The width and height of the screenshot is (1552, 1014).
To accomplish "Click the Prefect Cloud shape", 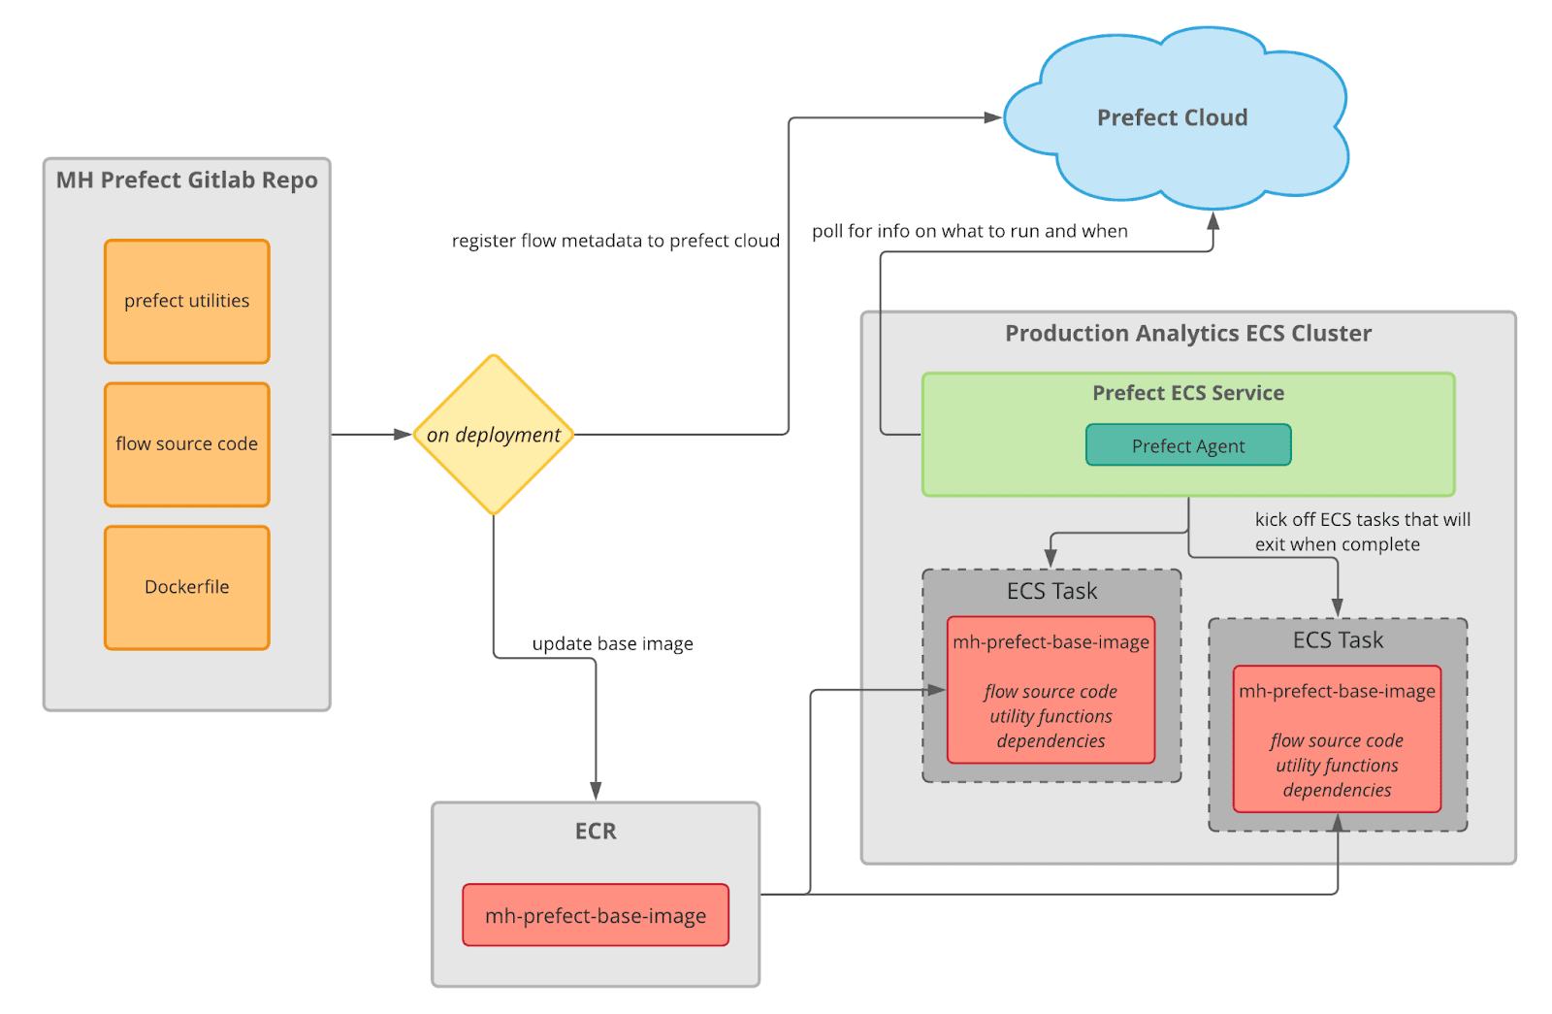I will click(1173, 118).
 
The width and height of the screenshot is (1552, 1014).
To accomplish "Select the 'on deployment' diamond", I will click(494, 435).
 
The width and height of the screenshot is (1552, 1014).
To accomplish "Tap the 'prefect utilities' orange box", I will click(187, 302).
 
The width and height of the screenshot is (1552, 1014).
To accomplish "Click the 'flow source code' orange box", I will click(187, 444).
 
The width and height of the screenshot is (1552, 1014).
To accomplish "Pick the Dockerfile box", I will click(187, 587).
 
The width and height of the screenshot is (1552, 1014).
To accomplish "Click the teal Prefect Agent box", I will click(1188, 445).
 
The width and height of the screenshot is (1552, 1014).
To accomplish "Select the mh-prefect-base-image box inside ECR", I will click(596, 915).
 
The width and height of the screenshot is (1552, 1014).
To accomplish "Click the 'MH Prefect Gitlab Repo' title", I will click(187, 180).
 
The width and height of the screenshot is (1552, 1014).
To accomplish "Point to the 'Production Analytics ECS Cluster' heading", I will click(1188, 334).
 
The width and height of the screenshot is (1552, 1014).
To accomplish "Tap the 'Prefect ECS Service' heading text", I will click(1188, 393).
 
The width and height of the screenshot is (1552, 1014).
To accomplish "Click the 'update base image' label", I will click(612, 643).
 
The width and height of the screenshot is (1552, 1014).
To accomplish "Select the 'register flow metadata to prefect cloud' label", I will click(616, 241).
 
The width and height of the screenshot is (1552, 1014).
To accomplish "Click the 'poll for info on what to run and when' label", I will click(970, 231).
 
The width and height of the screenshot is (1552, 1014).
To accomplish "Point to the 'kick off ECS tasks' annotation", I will click(1362, 532).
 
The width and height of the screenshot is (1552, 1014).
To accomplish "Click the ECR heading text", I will click(596, 832).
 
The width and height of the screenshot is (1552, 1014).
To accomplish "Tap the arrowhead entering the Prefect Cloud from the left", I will click(992, 117).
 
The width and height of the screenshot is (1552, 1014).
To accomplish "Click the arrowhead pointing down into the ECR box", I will click(596, 791).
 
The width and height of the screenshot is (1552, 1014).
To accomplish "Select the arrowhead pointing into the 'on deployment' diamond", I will click(403, 435).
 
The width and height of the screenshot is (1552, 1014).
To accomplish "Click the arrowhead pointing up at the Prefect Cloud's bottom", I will click(1212, 221).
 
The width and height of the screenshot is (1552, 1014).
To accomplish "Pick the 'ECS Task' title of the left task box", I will click(1051, 591).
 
